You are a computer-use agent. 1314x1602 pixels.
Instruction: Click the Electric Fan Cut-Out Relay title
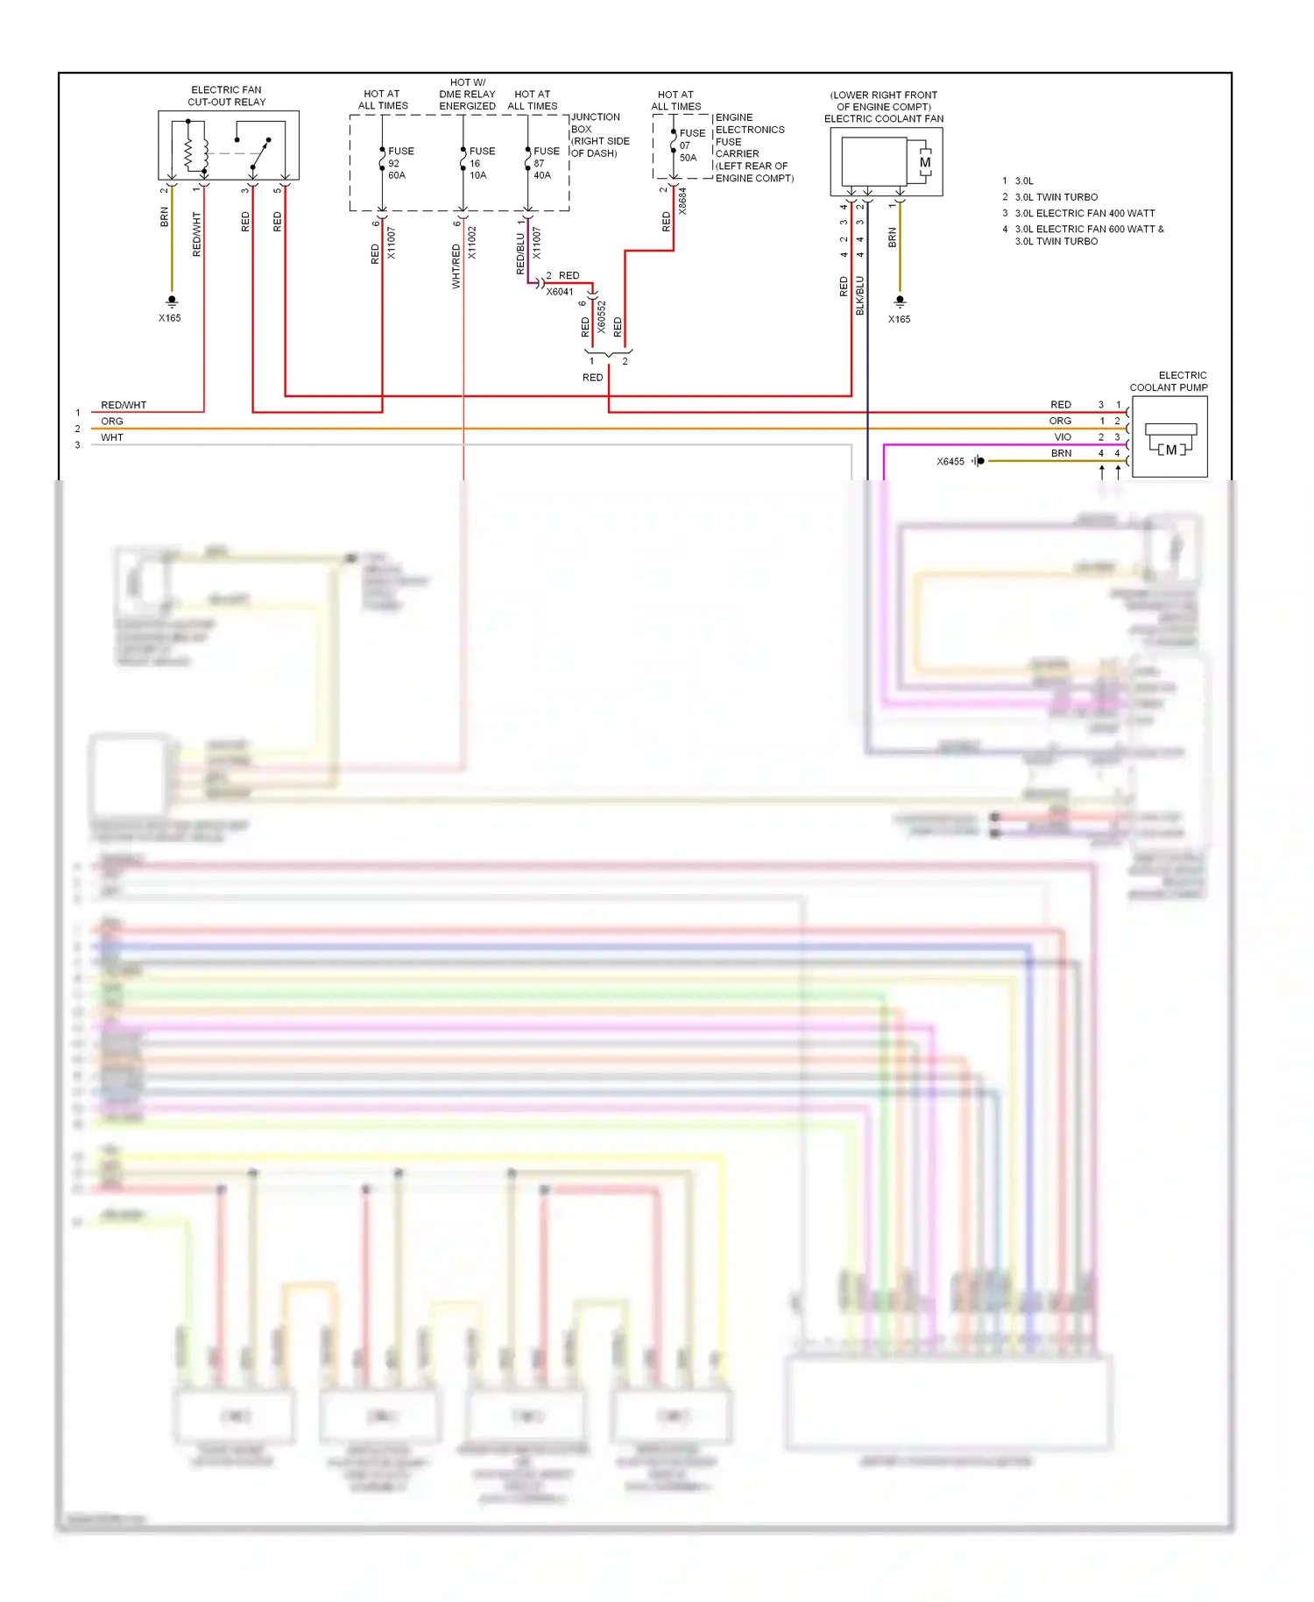pyautogui.click(x=226, y=96)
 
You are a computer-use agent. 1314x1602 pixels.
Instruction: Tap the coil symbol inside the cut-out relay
pyautogui.click(x=189, y=154)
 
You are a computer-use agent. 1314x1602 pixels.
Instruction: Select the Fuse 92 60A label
pyautogui.click(x=399, y=163)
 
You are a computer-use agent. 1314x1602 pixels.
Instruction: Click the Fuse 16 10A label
pyautogui.click(x=481, y=163)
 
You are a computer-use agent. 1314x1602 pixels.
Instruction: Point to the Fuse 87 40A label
pyautogui.click(x=546, y=163)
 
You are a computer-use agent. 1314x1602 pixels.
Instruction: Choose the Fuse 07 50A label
pyautogui.click(x=691, y=145)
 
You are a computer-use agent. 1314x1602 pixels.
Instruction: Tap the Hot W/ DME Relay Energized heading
pyautogui.click(x=467, y=95)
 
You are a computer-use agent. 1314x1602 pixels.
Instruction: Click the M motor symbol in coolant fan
pyautogui.click(x=925, y=163)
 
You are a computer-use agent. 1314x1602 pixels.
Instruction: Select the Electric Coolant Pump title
pyautogui.click(x=1169, y=381)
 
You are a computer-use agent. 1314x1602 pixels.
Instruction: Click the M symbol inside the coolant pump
pyautogui.click(x=1171, y=450)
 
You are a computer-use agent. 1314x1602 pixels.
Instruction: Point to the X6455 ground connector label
pyautogui.click(x=950, y=462)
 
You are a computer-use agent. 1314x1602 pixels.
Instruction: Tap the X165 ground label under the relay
pyautogui.click(x=170, y=318)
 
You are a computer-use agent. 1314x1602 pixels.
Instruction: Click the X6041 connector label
pyautogui.click(x=560, y=292)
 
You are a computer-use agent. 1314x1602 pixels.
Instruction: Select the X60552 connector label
pyautogui.click(x=602, y=317)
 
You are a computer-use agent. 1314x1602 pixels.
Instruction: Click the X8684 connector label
pyautogui.click(x=682, y=201)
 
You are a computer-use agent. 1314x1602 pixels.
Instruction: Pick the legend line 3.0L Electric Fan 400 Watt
pyautogui.click(x=1084, y=213)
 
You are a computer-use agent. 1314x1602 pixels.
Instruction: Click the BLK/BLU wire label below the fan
pyautogui.click(x=860, y=295)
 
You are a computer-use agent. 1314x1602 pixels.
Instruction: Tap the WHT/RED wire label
pyautogui.click(x=456, y=266)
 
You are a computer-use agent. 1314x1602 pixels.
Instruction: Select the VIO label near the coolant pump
pyautogui.click(x=1062, y=437)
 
